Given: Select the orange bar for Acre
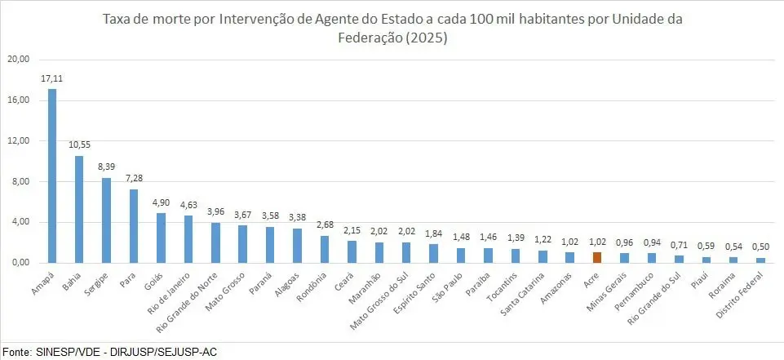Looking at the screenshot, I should click(596, 257).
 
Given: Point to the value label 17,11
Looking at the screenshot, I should click(52, 78).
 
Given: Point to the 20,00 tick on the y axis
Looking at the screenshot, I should click(18, 60).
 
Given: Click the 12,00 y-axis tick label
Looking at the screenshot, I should click(18, 140).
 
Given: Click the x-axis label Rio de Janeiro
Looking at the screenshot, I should click(175, 291).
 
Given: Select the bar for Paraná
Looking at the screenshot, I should click(269, 244).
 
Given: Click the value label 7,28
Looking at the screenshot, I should click(134, 179).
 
